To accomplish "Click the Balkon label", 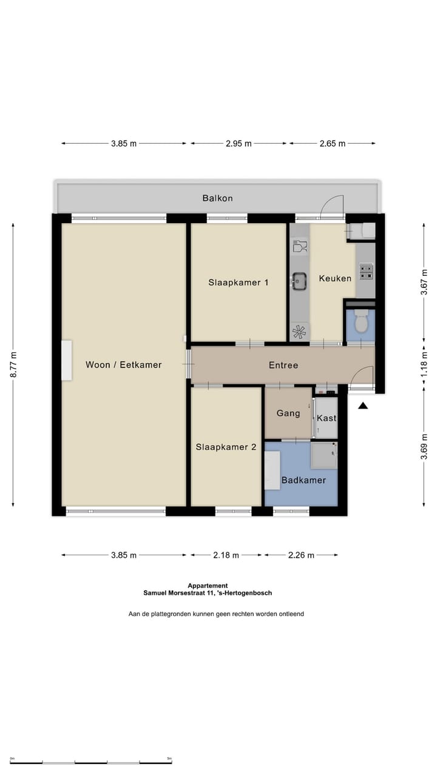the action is tap(217, 198).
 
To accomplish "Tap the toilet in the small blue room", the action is tap(361, 321).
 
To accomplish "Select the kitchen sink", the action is tap(299, 281).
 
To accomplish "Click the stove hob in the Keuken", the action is tap(366, 272).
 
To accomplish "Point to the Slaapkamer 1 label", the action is tap(239, 283).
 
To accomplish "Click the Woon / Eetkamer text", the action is tap(123, 364).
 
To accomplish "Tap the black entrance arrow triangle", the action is tap(363, 406).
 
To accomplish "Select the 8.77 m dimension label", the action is tap(13, 364).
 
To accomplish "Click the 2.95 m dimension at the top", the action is tap(239, 144).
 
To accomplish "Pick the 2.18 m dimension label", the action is tap(226, 555).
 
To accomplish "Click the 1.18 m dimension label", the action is tap(424, 364).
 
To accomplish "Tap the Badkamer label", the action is tap(303, 480).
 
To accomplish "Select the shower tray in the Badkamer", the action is tap(324, 455).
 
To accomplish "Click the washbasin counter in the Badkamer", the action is tap(273, 470).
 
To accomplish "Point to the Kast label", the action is tap(327, 418).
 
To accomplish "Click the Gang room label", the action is tap(288, 413).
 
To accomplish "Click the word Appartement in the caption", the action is tap(208, 586).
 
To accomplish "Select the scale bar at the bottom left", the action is tap(90, 763).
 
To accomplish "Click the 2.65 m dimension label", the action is tap(332, 144).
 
